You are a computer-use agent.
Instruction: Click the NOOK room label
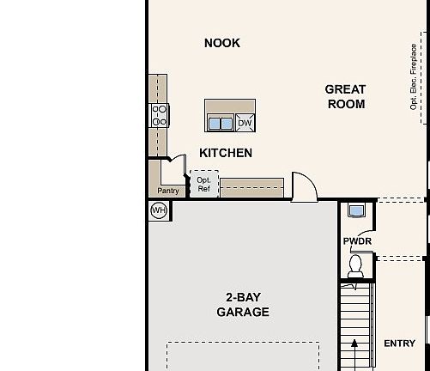point(222,43)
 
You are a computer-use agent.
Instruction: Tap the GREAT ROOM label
point(345,96)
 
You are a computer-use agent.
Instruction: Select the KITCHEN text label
point(226,153)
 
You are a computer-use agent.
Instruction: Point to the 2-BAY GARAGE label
point(243,305)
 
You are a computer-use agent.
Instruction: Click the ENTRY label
point(399,344)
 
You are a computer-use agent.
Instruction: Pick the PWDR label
point(356,241)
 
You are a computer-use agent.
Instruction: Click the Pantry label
point(168,191)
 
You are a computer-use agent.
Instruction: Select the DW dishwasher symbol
point(245,123)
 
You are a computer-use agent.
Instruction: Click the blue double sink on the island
point(221,123)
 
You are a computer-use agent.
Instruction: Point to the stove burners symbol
point(160,115)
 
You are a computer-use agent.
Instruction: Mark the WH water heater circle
point(159,210)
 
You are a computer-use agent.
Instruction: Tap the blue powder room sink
point(356,210)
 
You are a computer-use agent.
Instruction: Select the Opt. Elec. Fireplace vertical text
point(414,76)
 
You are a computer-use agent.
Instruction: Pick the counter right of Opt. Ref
point(251,186)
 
